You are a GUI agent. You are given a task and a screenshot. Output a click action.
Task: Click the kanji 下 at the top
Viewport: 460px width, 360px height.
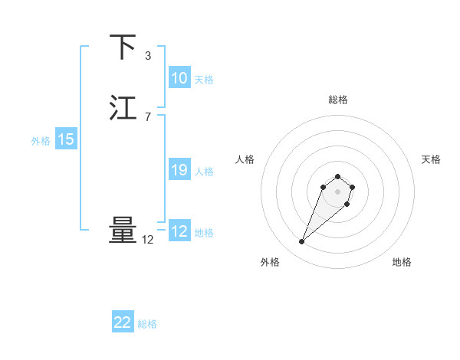pyautogui.click(x=123, y=47)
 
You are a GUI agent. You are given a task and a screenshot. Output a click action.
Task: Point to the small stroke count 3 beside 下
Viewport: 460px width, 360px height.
pyautogui.click(x=148, y=56)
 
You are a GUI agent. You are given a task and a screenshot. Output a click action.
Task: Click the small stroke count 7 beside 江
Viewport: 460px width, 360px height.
pyautogui.click(x=148, y=117)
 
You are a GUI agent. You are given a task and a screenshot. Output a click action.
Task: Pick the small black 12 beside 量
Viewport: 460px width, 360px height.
pyautogui.click(x=148, y=240)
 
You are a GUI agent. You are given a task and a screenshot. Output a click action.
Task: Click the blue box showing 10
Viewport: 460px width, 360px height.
pyautogui.click(x=179, y=78)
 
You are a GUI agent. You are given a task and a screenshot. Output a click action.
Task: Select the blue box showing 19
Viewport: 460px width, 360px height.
pyautogui.click(x=179, y=170)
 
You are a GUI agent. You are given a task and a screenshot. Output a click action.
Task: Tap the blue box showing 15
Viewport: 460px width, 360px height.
pyautogui.click(x=66, y=139)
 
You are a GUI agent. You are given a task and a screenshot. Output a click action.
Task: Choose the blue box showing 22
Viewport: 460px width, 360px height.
pyautogui.click(x=123, y=322)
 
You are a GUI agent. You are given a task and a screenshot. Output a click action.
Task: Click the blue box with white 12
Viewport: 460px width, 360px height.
pyautogui.click(x=179, y=231)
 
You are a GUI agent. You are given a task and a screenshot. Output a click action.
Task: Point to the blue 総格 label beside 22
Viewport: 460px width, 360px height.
pyautogui.click(x=147, y=324)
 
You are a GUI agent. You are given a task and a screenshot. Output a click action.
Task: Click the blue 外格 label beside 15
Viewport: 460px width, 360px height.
pyautogui.click(x=41, y=141)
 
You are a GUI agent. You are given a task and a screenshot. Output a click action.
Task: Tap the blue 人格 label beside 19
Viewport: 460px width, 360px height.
pyautogui.click(x=205, y=172)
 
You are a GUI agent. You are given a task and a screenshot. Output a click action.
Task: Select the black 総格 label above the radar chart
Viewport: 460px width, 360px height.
pyautogui.click(x=338, y=100)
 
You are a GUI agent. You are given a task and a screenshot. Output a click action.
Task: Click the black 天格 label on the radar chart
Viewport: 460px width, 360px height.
pyautogui.click(x=431, y=159)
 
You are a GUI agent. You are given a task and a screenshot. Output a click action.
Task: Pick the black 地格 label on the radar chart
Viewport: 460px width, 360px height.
pyautogui.click(x=402, y=262)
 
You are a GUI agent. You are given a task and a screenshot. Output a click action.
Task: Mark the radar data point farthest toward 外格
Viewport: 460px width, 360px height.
pyautogui.click(x=302, y=242)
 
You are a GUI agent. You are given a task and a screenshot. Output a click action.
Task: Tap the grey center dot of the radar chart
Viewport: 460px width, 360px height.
pyautogui.click(x=338, y=191)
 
